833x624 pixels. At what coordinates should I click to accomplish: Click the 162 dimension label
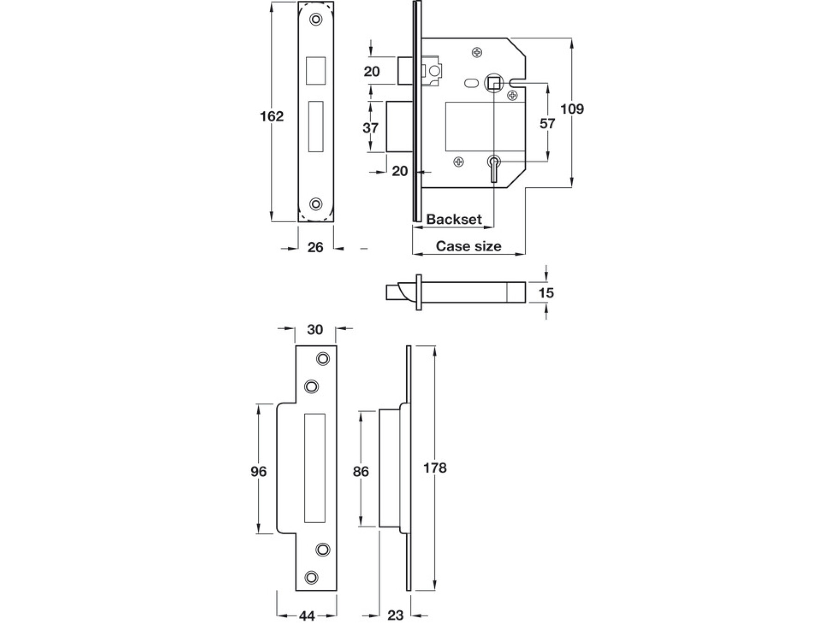[272, 116]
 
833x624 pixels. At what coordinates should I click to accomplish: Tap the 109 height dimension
[572, 109]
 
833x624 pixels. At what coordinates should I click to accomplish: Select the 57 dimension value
[547, 123]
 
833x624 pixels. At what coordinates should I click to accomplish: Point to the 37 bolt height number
[371, 128]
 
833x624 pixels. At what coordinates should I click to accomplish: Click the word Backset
[454, 219]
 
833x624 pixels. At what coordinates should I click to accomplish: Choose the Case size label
[468, 246]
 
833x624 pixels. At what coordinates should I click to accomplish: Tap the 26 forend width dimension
[315, 247]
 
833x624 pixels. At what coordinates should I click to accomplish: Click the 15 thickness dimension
[546, 293]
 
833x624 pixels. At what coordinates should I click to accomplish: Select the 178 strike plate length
[435, 468]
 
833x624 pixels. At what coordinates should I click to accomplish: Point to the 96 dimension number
[259, 471]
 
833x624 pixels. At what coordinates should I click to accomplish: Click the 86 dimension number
[361, 471]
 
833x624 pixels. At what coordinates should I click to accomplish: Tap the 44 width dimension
[307, 616]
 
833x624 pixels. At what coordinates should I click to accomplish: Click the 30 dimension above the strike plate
[315, 330]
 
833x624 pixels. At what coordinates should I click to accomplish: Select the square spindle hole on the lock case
[493, 84]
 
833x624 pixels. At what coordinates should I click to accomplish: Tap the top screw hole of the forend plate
[316, 19]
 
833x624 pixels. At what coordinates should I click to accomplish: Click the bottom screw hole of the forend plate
[316, 204]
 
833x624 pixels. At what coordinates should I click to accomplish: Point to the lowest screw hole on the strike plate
[311, 576]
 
